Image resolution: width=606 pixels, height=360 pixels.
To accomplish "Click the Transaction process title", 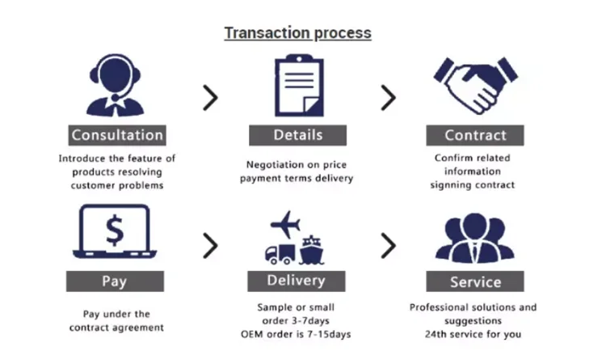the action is click(297, 33).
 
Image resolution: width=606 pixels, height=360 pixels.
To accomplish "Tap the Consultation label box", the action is click(117, 135).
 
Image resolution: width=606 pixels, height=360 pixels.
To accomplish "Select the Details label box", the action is click(297, 135).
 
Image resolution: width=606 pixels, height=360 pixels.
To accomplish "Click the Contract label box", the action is click(475, 135).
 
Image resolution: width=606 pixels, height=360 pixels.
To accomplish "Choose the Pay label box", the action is click(114, 282).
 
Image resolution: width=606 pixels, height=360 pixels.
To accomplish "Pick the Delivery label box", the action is click(297, 281).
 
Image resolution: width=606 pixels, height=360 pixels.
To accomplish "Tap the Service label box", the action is click(476, 282).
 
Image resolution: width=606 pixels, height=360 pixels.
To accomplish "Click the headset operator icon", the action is click(116, 84).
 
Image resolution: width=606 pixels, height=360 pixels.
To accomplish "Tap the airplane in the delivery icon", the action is click(284, 222).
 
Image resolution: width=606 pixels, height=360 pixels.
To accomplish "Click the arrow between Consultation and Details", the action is click(210, 98).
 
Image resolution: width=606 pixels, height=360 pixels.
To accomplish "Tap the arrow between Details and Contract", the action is click(389, 98).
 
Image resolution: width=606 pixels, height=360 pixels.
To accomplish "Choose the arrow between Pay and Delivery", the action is click(210, 245).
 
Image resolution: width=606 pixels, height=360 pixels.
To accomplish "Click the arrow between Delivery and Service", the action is click(389, 245).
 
